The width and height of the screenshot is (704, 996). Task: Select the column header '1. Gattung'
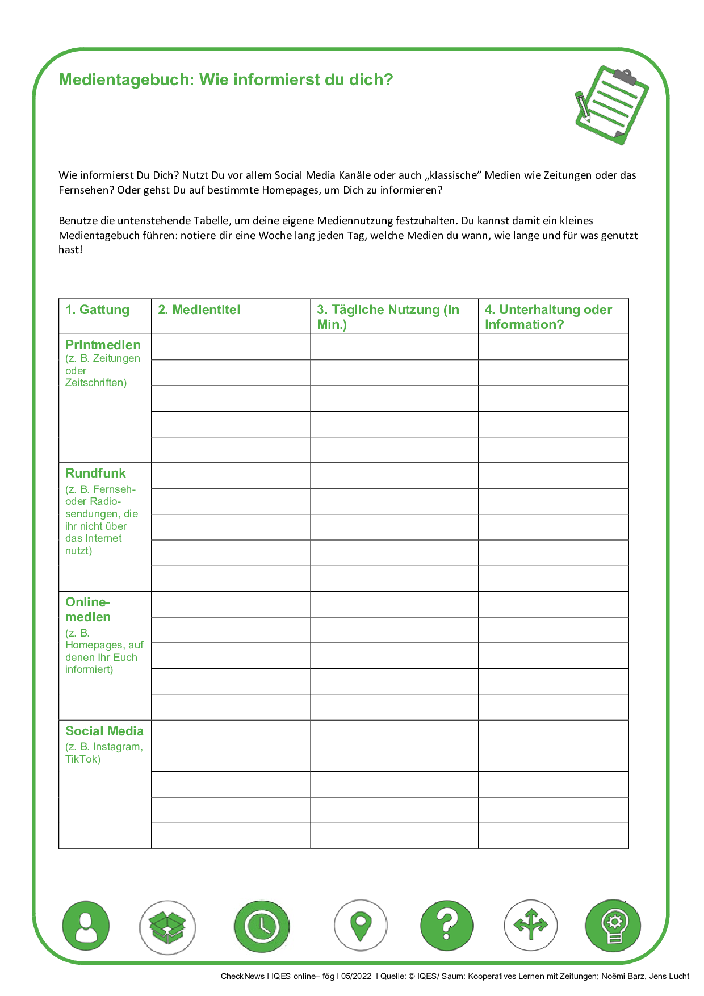tap(97, 310)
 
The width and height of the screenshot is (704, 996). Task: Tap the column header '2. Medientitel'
tap(199, 310)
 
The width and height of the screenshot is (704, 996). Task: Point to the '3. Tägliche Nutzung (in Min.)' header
tap(388, 317)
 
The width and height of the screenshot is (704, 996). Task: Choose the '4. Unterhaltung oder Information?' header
tap(548, 317)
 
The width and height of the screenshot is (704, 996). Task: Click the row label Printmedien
tap(103, 345)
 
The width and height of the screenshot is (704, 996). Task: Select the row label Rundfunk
tap(95, 474)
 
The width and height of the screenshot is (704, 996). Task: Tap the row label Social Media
tap(104, 731)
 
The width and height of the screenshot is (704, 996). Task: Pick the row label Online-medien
tap(88, 609)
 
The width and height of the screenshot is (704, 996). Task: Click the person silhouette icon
tap(86, 926)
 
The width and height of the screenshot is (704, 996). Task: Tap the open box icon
tap(167, 927)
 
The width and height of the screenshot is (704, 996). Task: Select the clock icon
tap(261, 927)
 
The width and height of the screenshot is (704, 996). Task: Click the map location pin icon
tap(361, 926)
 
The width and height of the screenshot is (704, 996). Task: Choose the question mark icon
tap(447, 926)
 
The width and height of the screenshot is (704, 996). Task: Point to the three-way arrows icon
tap(531, 926)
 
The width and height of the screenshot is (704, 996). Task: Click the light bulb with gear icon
tap(613, 926)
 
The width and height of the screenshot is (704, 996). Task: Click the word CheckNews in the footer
tap(242, 976)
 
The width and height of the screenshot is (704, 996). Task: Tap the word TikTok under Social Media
tap(83, 759)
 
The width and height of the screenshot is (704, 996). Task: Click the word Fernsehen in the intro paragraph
tap(86, 190)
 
